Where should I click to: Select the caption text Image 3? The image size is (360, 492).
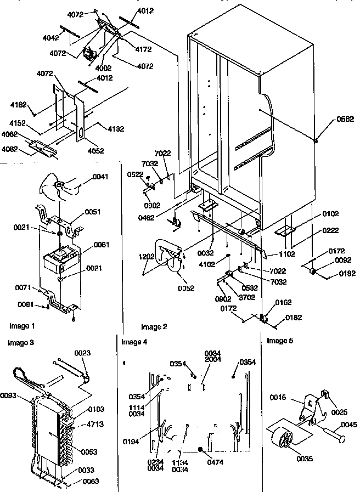[21, 343]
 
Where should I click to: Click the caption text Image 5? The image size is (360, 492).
[280, 341]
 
